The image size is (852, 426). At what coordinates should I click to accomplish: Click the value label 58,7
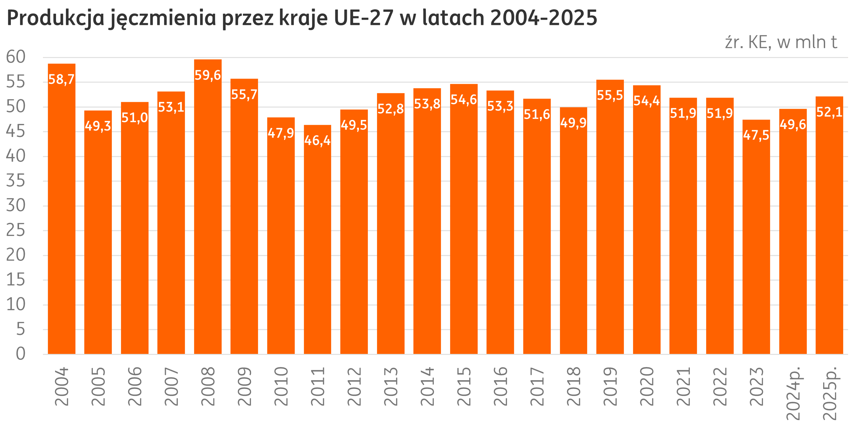tap(62, 79)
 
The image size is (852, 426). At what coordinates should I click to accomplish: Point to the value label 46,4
tap(318, 141)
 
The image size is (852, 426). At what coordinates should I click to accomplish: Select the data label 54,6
tap(464, 100)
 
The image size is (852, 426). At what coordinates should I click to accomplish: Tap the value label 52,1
tap(829, 112)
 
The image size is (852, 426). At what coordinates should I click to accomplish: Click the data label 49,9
tap(573, 123)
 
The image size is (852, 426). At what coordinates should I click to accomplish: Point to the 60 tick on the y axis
tap(15, 57)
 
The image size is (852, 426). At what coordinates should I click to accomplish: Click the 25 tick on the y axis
tap(15, 230)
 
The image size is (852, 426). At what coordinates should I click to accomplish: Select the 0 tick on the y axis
tap(21, 354)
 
